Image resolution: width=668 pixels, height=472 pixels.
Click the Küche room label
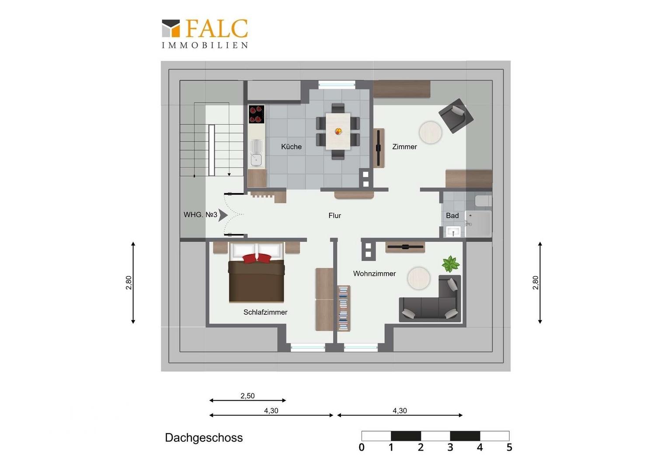click(291, 146)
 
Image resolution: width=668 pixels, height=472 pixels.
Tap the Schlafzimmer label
click(265, 312)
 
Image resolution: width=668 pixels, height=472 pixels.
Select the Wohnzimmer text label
click(374, 274)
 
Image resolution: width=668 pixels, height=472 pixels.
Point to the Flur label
click(334, 215)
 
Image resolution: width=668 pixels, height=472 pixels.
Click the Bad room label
click(452, 215)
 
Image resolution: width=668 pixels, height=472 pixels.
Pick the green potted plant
click(451, 264)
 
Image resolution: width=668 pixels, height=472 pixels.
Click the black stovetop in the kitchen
click(257, 114)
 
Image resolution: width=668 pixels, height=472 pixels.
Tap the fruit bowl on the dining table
click(338, 131)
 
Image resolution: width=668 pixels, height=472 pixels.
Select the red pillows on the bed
click(257, 258)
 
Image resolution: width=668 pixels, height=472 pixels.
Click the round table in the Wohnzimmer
click(419, 278)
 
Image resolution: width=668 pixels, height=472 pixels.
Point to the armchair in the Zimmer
click(456, 116)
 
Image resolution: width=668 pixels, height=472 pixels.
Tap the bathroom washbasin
click(453, 231)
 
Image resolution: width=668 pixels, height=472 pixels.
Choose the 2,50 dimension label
click(247, 396)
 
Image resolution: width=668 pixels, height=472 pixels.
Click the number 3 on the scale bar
click(450, 447)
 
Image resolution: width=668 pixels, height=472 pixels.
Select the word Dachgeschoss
click(204, 438)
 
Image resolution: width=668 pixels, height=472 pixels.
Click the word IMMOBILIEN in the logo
click(205, 45)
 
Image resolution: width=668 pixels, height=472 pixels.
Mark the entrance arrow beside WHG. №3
click(223, 215)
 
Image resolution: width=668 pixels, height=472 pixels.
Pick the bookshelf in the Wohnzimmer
click(344, 308)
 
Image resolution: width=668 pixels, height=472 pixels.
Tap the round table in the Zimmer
click(430, 132)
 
